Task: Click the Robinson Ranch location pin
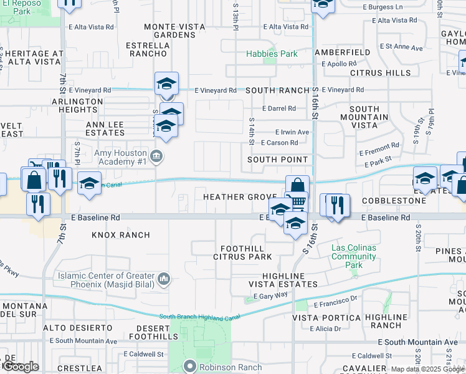point(190,366)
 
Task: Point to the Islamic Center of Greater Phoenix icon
point(164,279)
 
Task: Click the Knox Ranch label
point(121,235)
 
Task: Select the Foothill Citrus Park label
point(242,252)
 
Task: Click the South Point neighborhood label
point(277,160)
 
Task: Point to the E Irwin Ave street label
point(292,132)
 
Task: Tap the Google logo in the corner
point(20,367)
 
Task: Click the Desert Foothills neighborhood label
point(152,332)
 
